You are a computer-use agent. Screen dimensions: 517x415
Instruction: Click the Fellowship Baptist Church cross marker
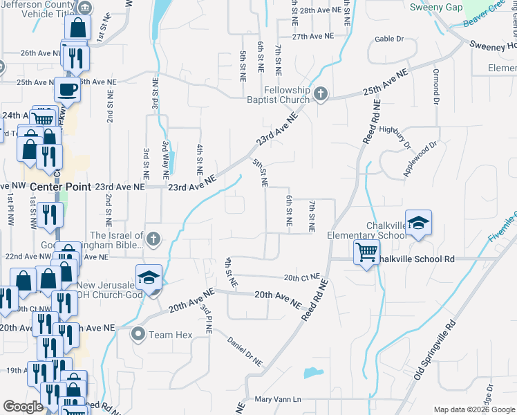[x=320, y=93]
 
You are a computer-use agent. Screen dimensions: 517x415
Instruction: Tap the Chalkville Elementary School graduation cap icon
[x=418, y=223]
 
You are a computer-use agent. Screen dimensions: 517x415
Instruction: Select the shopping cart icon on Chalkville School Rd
[x=366, y=252]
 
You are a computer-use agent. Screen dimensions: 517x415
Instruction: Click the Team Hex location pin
[x=138, y=335]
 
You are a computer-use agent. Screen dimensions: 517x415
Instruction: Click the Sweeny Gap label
[x=437, y=7]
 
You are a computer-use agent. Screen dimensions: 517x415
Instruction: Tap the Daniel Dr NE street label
[x=245, y=352]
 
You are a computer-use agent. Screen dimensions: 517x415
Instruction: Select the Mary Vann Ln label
[x=279, y=400]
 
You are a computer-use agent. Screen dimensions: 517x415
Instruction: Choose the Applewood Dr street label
[x=421, y=159]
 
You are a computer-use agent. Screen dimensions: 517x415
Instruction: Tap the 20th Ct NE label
[x=302, y=277]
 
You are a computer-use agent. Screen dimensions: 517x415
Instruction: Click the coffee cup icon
[x=67, y=90]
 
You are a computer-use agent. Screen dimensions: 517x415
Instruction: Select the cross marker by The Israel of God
[x=154, y=239]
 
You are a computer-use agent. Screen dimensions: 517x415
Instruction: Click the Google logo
[x=23, y=407]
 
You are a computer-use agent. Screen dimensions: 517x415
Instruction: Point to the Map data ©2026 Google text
[x=473, y=409]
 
